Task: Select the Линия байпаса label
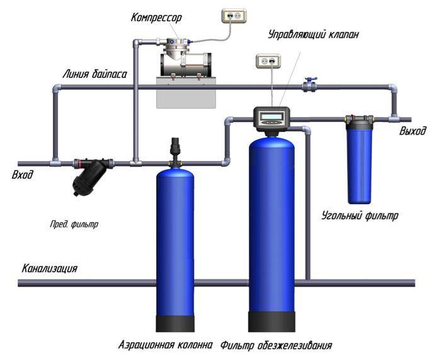(94, 74)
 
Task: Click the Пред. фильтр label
(74, 223)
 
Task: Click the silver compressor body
(185, 63)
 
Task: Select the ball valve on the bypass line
(309, 85)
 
